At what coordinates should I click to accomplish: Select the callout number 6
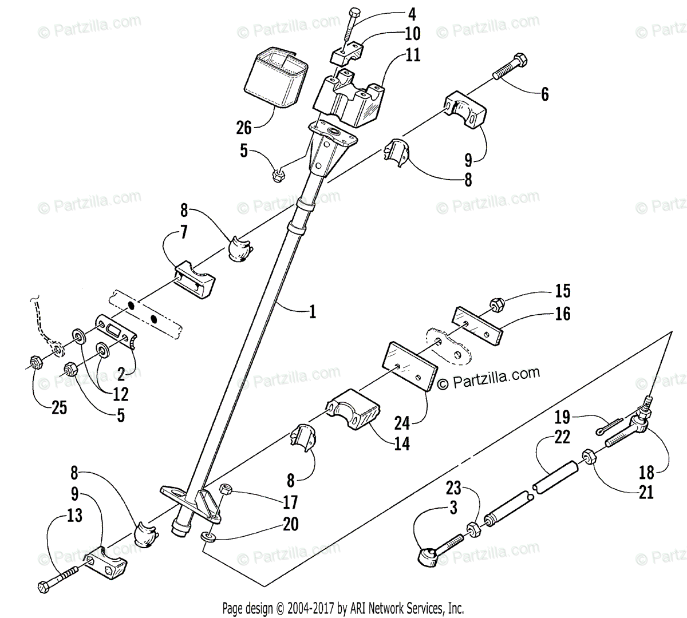click(x=544, y=94)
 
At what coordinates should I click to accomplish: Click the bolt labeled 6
click(x=510, y=68)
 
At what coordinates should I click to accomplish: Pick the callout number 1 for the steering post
click(x=312, y=311)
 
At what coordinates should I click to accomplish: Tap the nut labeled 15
click(x=496, y=304)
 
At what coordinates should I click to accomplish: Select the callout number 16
click(x=563, y=314)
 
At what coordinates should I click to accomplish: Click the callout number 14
click(x=402, y=443)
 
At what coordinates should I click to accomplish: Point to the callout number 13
click(x=74, y=515)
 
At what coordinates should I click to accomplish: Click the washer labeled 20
click(x=208, y=537)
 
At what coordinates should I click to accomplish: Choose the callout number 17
click(x=290, y=502)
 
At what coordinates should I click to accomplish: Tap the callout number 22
click(x=562, y=437)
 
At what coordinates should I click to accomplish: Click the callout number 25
click(x=58, y=408)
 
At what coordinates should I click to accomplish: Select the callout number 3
click(x=453, y=508)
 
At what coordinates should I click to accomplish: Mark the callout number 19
click(x=562, y=416)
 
